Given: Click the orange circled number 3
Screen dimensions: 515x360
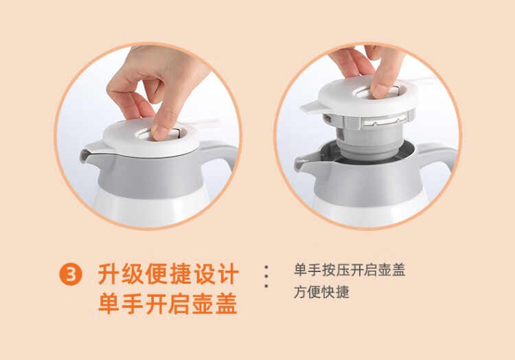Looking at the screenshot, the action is [x=71, y=274].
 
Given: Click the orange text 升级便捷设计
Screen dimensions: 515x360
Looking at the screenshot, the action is [x=168, y=274].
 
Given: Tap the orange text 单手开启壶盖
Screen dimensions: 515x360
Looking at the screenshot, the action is [x=168, y=304].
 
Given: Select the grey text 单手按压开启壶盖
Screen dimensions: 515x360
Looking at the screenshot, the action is [x=350, y=270].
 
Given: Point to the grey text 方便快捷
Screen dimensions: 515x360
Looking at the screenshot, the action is [x=321, y=292].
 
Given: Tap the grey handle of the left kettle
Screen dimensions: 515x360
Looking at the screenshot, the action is [x=220, y=155].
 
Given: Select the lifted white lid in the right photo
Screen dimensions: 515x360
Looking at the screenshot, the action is [x=361, y=95].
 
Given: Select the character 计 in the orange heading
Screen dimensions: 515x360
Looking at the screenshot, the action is [x=227, y=274].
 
